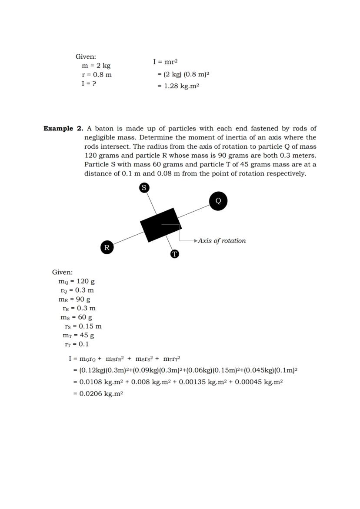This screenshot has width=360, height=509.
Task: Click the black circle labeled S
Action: [x=144, y=187]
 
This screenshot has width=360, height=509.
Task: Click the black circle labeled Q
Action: [x=218, y=201]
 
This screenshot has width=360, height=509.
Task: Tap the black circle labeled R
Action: [x=107, y=247]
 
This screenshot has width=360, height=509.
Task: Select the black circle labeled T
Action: [x=174, y=254]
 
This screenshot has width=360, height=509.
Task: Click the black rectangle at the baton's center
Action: [x=160, y=225]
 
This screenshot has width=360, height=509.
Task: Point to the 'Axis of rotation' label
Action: [x=222, y=241]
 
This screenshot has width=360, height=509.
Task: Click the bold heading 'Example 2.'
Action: [x=63, y=129]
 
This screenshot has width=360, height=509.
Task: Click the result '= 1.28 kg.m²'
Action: [x=178, y=86]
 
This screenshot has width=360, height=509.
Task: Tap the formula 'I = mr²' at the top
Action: [x=165, y=62]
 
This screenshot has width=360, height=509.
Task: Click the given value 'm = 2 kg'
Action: [x=96, y=66]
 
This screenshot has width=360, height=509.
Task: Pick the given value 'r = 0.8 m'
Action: [x=97, y=75]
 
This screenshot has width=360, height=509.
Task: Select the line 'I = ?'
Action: [x=89, y=83]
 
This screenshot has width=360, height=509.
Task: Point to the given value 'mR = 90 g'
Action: [x=74, y=299]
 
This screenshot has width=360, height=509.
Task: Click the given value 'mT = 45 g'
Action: [x=78, y=335]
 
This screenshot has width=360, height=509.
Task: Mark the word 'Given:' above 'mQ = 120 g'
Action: [x=62, y=273]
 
